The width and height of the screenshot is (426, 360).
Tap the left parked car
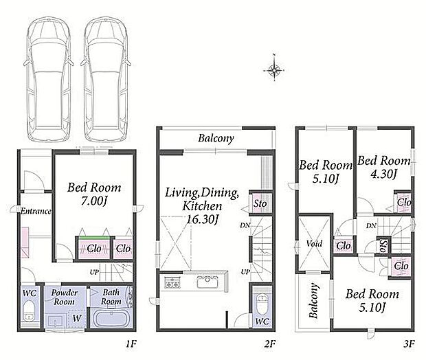click(48, 79)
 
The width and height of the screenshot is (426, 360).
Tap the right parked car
click(106, 79)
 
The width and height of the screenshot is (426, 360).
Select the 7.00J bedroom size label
click(93, 201)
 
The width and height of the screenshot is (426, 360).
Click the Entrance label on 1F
click(36, 211)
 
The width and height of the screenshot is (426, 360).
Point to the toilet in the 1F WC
click(28, 311)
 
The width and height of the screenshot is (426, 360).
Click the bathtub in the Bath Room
click(111, 319)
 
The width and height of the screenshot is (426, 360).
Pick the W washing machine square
click(77, 318)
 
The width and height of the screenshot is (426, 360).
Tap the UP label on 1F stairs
click(94, 272)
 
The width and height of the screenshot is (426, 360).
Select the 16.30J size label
click(202, 220)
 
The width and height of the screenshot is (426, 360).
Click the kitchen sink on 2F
click(207, 282)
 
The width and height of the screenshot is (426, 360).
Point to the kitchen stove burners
click(172, 282)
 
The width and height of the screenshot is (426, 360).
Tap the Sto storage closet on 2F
click(260, 203)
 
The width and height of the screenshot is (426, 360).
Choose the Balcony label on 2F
click(216, 138)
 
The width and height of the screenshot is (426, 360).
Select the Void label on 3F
click(314, 244)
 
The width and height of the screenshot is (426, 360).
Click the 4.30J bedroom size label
click(383, 174)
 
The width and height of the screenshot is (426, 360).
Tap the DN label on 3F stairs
click(371, 226)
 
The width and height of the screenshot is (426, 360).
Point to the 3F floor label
click(409, 344)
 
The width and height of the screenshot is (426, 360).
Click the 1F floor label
click(131, 344)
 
